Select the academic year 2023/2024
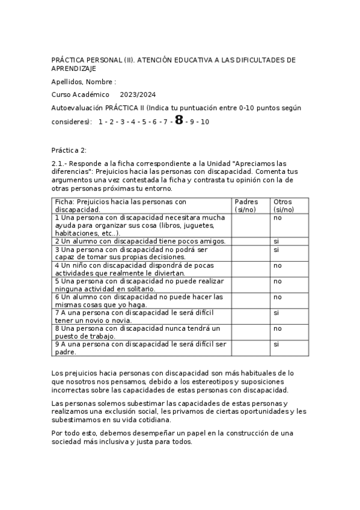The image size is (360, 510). (138, 95)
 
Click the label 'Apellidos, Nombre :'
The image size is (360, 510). (84, 82)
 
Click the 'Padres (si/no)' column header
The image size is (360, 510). (247, 206)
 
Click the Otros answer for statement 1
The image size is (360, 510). (278, 218)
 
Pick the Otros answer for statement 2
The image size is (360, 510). (276, 241)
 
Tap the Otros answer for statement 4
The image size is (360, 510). (278, 265)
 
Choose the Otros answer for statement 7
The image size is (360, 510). (276, 313)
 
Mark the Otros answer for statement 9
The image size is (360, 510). (276, 345)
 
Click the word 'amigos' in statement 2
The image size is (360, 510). (214, 241)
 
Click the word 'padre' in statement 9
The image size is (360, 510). (65, 352)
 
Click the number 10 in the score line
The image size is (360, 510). (205, 121)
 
